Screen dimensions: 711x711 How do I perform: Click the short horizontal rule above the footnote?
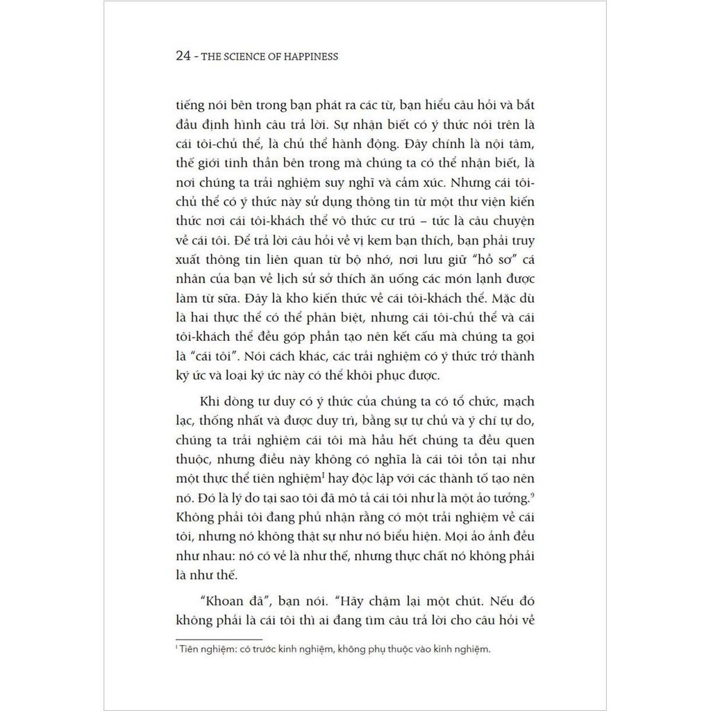(x=219, y=639)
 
